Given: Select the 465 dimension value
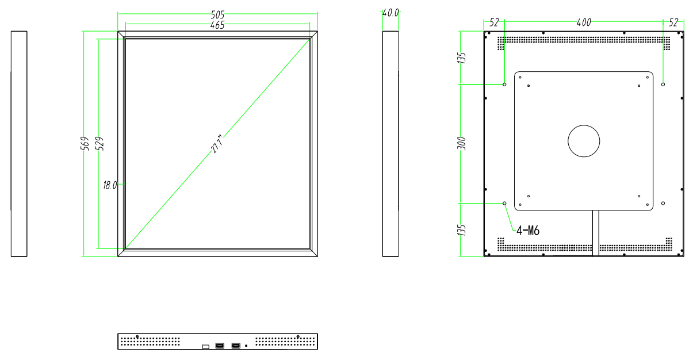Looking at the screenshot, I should (x=217, y=26).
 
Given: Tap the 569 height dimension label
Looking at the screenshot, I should (x=85, y=144).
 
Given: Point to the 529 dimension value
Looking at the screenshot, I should (x=99, y=144).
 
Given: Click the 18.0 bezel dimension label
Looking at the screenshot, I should (x=109, y=185).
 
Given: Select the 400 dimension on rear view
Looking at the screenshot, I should (x=583, y=22).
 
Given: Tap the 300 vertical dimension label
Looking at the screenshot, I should (x=462, y=144).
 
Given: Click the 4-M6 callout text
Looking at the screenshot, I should (x=527, y=231).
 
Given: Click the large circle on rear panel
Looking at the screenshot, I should (x=584, y=141).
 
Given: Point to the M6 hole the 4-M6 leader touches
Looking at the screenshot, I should (x=504, y=203).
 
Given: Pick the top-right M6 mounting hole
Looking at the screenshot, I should (x=663, y=84).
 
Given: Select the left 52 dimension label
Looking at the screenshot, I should (x=494, y=22).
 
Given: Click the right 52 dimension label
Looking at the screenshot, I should (x=673, y=22).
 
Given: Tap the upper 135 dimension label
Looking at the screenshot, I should (x=462, y=58).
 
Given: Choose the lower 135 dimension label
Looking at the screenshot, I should (x=462, y=230).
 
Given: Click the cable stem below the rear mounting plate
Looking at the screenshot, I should (x=595, y=233).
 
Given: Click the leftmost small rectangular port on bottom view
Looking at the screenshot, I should (x=205, y=346).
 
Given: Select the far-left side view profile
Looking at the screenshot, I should (x=19, y=144).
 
